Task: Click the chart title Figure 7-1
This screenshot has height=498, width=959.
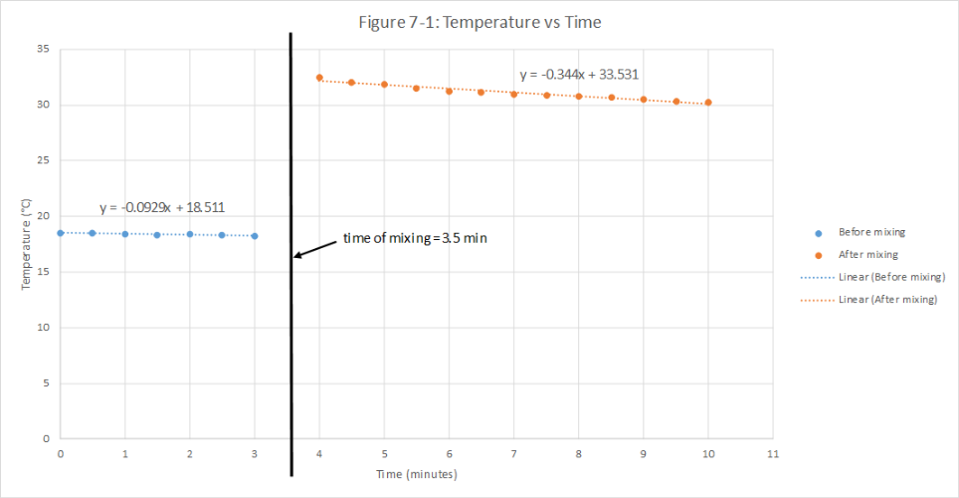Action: click(x=479, y=22)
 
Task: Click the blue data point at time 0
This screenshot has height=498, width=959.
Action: click(x=60, y=233)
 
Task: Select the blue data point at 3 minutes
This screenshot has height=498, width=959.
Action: click(x=255, y=236)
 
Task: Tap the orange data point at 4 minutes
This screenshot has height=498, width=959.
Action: click(x=319, y=78)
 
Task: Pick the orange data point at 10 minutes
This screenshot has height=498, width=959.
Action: click(x=708, y=103)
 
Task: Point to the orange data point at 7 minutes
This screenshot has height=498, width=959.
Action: click(x=514, y=94)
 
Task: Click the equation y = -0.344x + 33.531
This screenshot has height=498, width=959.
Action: click(x=578, y=75)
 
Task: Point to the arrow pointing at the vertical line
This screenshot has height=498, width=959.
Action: click(x=316, y=248)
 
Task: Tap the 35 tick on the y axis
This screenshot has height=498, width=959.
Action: click(x=43, y=49)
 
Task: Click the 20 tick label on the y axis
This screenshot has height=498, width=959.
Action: click(x=43, y=216)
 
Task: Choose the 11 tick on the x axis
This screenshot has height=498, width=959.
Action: click(x=773, y=453)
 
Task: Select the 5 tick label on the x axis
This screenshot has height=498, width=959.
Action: click(x=384, y=453)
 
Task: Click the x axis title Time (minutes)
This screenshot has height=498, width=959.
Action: click(x=416, y=474)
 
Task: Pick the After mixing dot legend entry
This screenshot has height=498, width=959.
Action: click(x=862, y=254)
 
